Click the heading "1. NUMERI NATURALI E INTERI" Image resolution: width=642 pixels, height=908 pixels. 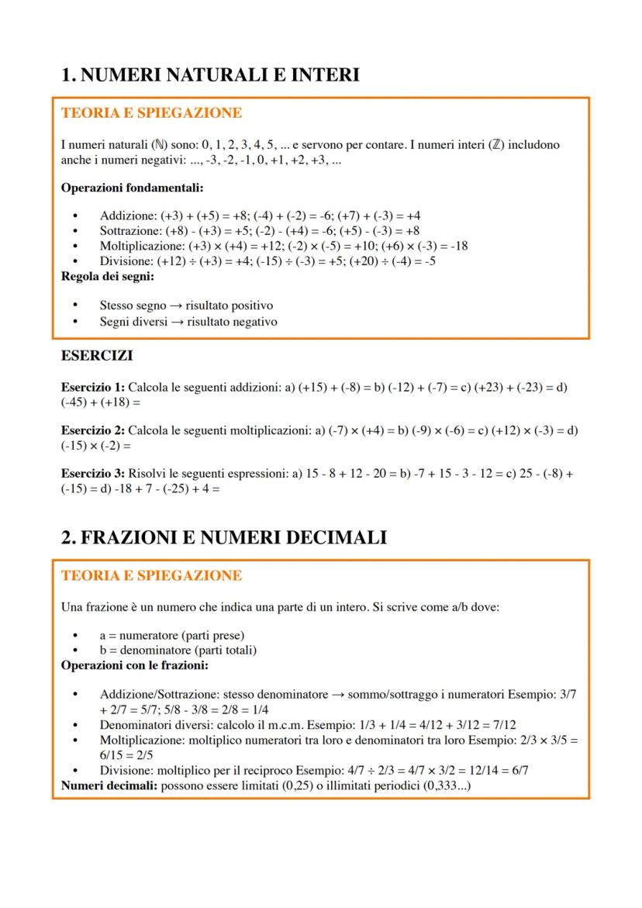[209, 74]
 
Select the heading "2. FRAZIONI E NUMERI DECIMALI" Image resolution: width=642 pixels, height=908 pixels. [223, 537]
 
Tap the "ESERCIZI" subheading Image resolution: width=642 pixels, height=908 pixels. [96, 356]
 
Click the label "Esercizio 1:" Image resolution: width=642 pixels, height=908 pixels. [92, 387]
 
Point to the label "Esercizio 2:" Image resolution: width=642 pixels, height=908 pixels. [92, 430]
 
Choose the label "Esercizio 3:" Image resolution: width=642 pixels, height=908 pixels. [92, 473]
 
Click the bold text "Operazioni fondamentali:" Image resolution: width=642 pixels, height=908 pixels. [132, 188]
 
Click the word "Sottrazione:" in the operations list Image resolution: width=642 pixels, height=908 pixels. [131, 231]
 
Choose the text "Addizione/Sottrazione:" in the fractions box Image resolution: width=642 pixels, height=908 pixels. [160, 695]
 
